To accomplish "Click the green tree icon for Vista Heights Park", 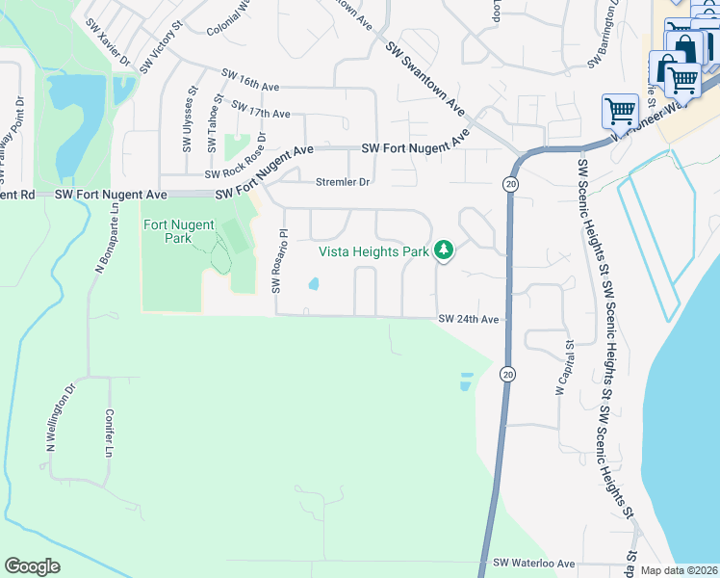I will point(443,251).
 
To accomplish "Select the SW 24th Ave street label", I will point(469,319).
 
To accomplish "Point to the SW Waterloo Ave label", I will point(533,564).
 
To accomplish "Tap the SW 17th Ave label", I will point(261,109).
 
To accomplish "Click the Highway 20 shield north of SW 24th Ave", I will point(507,183).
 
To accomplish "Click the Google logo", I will point(32,566).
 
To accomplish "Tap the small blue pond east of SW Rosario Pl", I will point(314,284).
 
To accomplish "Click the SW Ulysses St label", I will point(188,121).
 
